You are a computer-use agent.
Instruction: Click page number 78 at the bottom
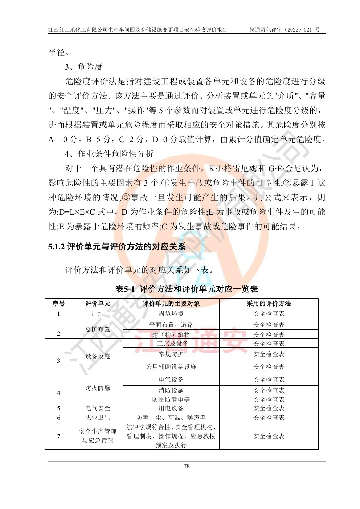click(x=187, y=466)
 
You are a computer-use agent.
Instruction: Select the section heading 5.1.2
click(x=117, y=247)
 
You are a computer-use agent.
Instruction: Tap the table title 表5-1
click(x=187, y=289)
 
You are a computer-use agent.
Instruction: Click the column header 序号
click(x=58, y=304)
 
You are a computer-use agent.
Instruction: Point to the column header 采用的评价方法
click(x=269, y=304)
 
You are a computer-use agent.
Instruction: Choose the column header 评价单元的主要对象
click(x=171, y=304)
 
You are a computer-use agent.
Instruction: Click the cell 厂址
click(x=98, y=313)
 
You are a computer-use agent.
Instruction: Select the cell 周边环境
click(x=171, y=313)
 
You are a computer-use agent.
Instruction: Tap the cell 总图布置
click(x=98, y=329)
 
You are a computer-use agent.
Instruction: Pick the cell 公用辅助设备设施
click(x=171, y=367)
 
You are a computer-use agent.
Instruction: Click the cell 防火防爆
click(x=98, y=388)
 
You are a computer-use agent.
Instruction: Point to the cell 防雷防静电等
click(x=171, y=399)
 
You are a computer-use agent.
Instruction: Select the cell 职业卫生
click(x=98, y=418)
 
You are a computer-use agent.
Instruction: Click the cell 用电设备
click(x=171, y=408)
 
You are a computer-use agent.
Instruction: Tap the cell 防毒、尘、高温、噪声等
click(x=171, y=418)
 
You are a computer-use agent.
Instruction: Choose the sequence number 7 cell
click(x=58, y=436)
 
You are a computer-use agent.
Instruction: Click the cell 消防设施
click(x=171, y=390)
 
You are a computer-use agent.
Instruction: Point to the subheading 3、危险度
click(x=84, y=67)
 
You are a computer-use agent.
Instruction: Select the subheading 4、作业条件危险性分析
click(x=109, y=154)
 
